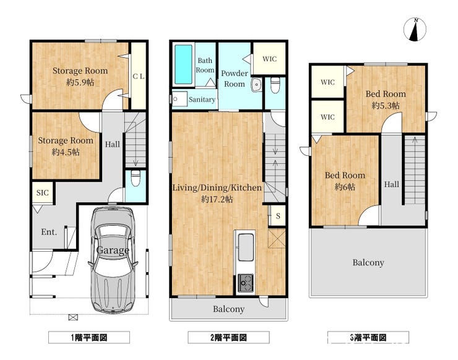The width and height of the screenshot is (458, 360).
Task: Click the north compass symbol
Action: pyautogui.click(x=415, y=30)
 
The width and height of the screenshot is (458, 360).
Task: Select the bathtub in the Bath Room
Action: pyautogui.click(x=183, y=64)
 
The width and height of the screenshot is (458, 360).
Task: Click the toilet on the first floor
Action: pyautogui.click(x=136, y=178)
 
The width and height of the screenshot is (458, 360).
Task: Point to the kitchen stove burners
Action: pyautogui.click(x=245, y=283)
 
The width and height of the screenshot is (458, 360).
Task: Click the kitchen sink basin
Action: pyautogui.click(x=246, y=247)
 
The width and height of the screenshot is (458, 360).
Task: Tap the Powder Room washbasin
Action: pyautogui.click(x=256, y=85)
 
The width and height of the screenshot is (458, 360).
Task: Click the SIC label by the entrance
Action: pyautogui.click(x=42, y=193)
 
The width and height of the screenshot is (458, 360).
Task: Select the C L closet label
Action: pyautogui.click(x=139, y=77)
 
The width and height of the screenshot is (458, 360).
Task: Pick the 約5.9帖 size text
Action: pyautogui.click(x=80, y=82)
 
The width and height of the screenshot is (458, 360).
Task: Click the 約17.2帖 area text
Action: pyautogui.click(x=217, y=199)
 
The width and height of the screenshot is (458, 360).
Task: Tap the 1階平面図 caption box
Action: pyautogui.click(x=89, y=338)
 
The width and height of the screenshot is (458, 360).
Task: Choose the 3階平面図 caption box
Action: pyautogui.click(x=368, y=338)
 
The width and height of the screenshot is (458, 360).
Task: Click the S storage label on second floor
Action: pyautogui.click(x=278, y=216)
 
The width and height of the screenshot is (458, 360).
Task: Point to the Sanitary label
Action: pyautogui.click(x=202, y=100)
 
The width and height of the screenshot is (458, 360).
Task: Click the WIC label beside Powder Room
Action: pyautogui.click(x=269, y=59)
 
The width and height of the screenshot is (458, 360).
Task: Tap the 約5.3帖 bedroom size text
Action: pyautogui.click(x=386, y=105)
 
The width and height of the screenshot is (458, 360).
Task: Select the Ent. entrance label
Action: pyautogui.click(x=49, y=232)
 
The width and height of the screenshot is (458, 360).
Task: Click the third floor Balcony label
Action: pyautogui.click(x=368, y=262)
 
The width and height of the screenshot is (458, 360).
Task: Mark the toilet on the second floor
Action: pyautogui.click(x=274, y=85)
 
